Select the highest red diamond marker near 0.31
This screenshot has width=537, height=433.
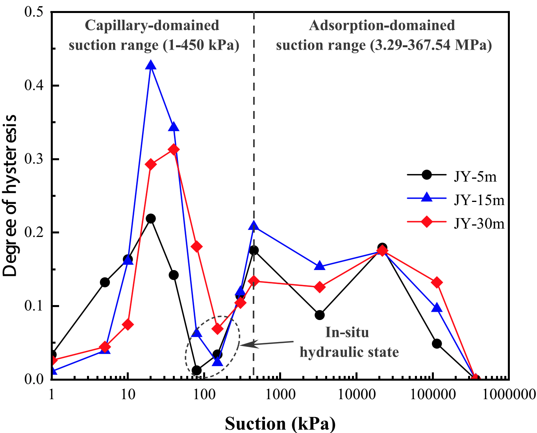[x=174, y=150]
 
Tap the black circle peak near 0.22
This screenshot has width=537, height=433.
[x=150, y=218]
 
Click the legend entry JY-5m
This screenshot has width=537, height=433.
[x=475, y=177]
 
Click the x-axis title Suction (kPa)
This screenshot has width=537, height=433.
[x=280, y=424]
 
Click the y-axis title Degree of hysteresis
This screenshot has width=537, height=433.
[x=10, y=196]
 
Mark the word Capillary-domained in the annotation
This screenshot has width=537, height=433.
[x=152, y=26]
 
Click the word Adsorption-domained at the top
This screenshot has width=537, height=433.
[x=382, y=26]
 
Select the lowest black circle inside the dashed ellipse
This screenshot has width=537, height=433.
[x=196, y=370]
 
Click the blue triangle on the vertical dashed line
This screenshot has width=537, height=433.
[x=254, y=226]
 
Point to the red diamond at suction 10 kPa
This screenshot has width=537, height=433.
[x=128, y=325]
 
